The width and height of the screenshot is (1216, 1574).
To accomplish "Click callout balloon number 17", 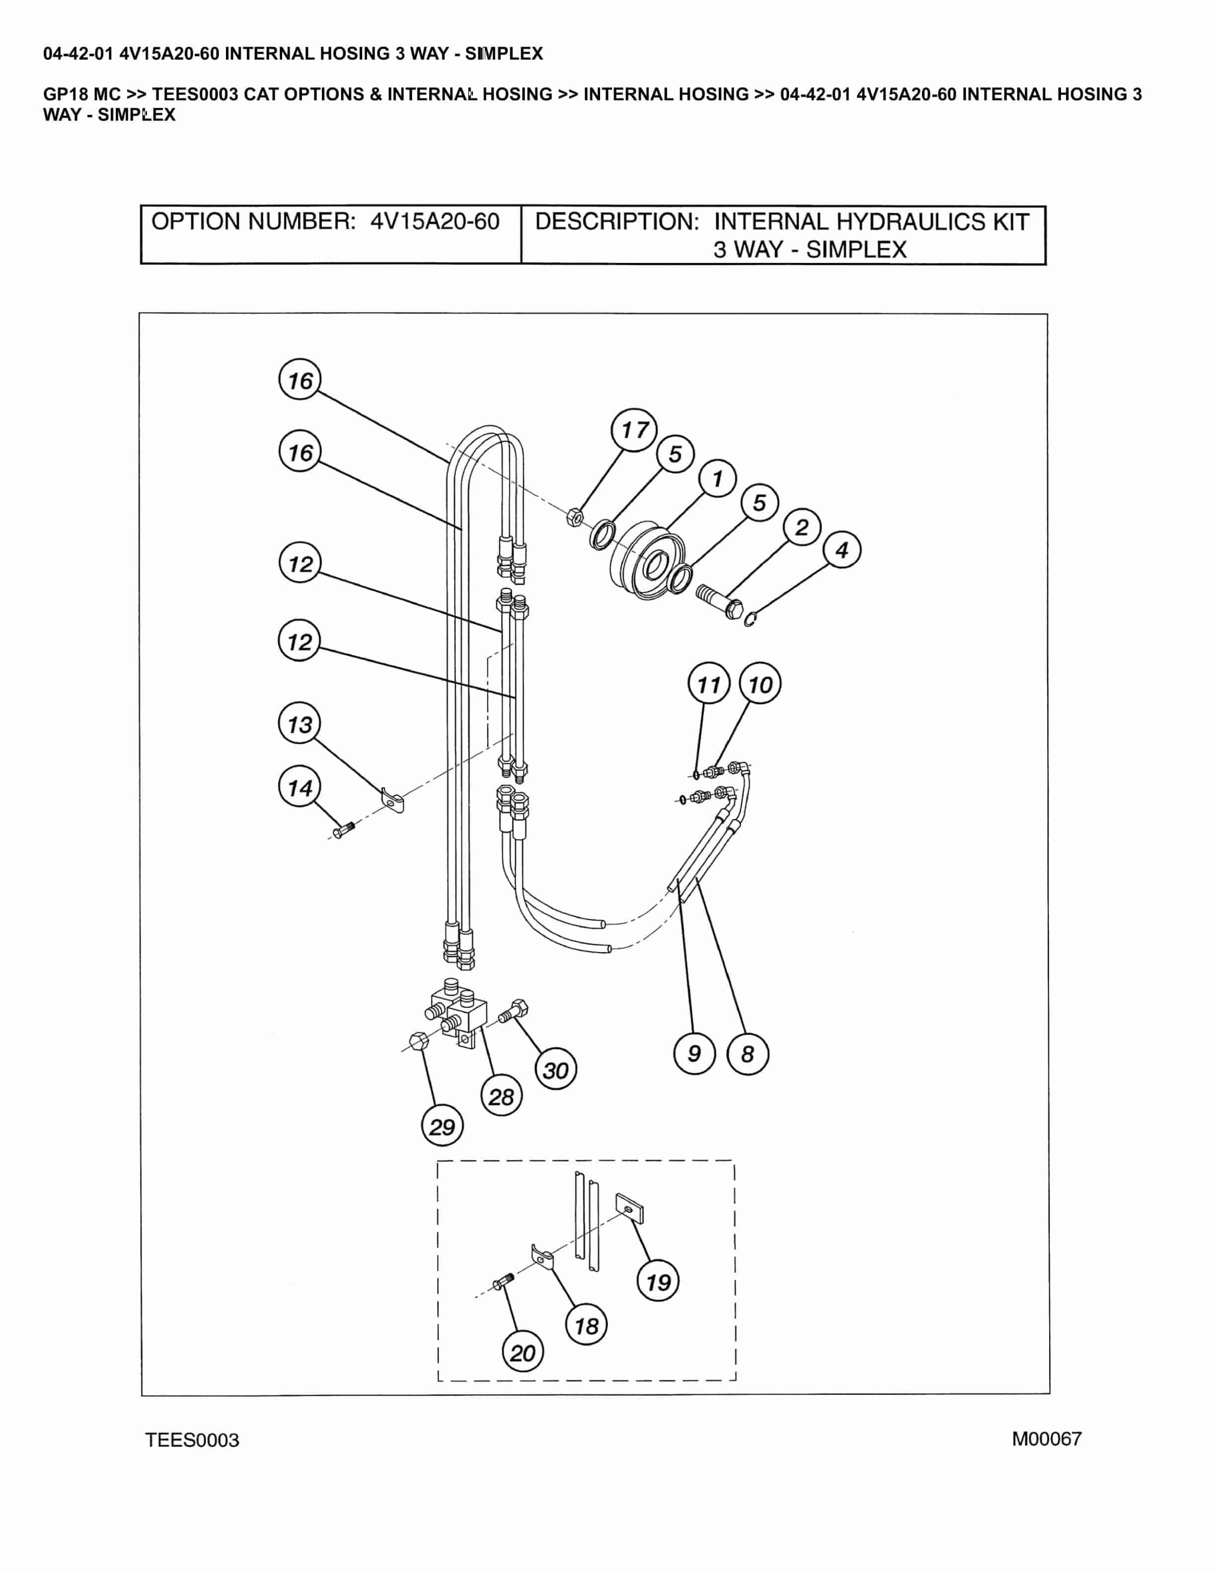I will [x=634, y=430].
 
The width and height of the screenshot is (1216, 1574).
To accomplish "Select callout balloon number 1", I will [x=717, y=478].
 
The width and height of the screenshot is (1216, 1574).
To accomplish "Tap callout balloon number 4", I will [x=841, y=550].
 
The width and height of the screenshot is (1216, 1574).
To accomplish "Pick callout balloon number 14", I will [x=300, y=787].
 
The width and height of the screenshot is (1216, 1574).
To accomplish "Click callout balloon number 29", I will [x=442, y=1126].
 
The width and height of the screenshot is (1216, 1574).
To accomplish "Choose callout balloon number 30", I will [x=555, y=1070].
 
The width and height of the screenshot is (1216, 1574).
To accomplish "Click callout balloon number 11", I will [x=709, y=684].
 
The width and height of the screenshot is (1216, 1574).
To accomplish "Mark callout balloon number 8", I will [x=748, y=1054].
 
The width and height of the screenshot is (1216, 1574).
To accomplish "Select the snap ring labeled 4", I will [x=750, y=619].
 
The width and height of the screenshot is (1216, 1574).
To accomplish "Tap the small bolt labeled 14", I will [x=344, y=830].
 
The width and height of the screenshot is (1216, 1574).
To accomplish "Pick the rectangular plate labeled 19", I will [x=629, y=1209].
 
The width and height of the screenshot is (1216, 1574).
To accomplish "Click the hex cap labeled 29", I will [x=418, y=1041].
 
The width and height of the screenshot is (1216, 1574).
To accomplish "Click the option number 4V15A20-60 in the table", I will [x=434, y=221].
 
